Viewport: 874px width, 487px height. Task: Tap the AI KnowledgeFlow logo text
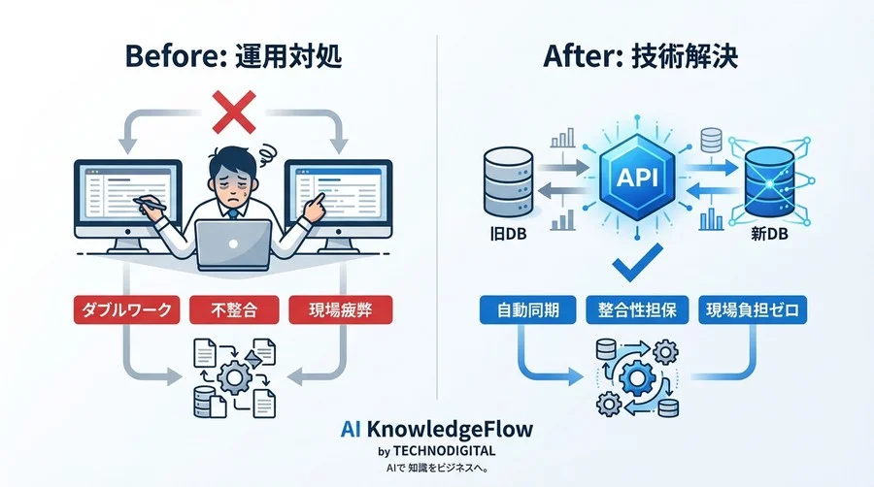[436, 427]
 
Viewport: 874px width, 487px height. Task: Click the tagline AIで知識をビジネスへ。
[436, 468]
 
